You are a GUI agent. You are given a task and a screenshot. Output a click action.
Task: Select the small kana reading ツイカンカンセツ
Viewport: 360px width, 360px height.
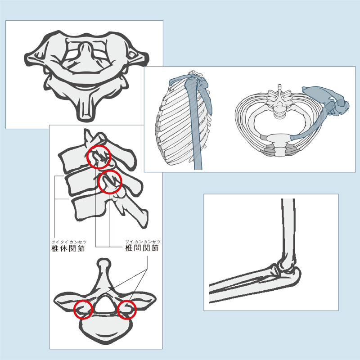click(x=143, y=242)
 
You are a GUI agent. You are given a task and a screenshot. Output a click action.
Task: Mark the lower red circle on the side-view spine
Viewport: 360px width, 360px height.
click(x=109, y=181)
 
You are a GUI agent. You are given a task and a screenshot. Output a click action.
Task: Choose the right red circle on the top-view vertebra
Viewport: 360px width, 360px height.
click(x=126, y=310)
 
